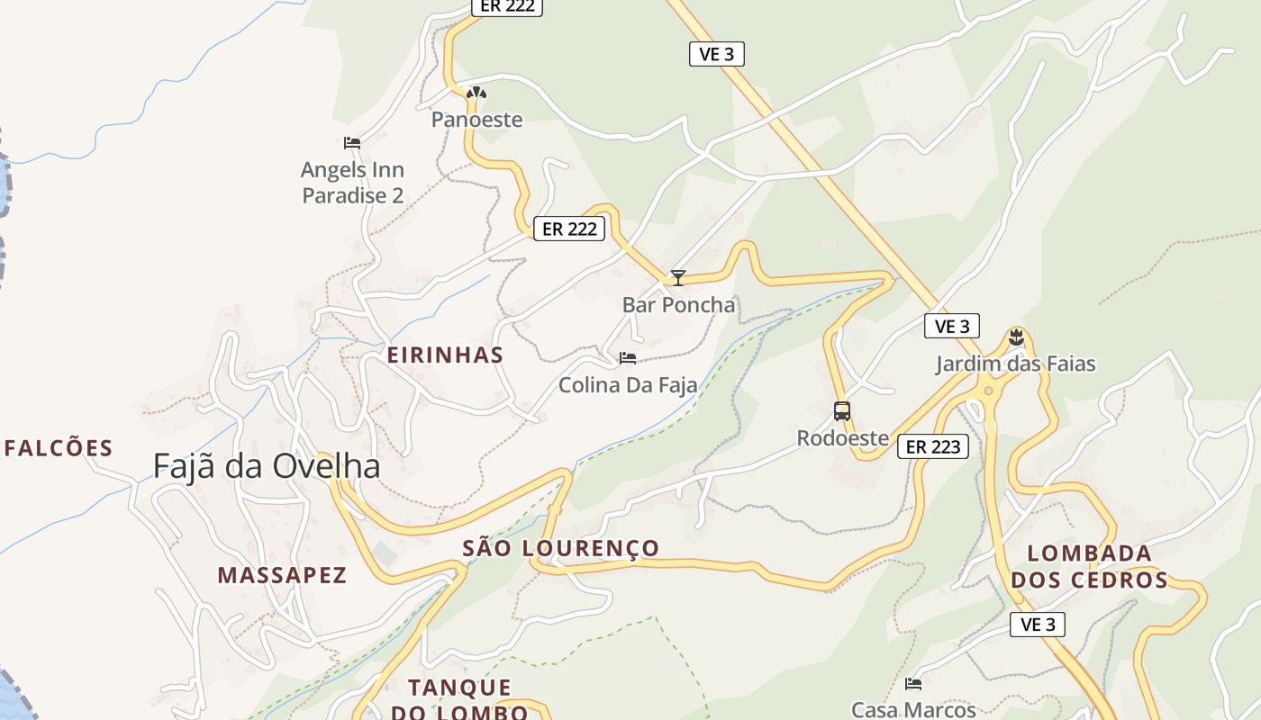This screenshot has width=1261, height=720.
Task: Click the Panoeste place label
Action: click(476, 120)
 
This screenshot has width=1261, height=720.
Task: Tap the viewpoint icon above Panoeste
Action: click(476, 92)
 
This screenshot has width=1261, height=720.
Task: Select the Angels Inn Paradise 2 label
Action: click(352, 183)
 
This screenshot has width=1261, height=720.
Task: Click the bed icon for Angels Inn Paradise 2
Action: click(352, 142)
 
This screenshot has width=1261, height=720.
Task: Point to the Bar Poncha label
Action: click(678, 305)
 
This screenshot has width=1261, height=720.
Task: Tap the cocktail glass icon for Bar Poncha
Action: click(678, 278)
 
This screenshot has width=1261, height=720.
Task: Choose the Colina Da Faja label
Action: click(628, 386)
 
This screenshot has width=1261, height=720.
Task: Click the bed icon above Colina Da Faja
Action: click(628, 358)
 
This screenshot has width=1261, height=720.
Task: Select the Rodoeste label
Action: click(842, 439)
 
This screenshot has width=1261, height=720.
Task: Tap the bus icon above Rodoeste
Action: click(842, 411)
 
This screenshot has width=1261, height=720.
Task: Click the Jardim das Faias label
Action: click(1015, 364)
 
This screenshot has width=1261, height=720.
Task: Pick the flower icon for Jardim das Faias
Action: click(1017, 337)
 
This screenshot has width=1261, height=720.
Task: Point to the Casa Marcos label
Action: click(913, 710)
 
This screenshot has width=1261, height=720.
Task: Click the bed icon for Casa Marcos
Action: click(913, 684)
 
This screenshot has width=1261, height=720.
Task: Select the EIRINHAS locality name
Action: click(445, 355)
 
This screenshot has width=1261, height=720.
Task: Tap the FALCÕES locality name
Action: click(59, 448)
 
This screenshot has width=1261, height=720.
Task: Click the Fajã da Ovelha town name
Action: click(267, 467)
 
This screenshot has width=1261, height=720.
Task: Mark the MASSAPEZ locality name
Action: click(282, 576)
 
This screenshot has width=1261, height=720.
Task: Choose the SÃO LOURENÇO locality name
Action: click(560, 548)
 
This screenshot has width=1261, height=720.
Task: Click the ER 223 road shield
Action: click(932, 446)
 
